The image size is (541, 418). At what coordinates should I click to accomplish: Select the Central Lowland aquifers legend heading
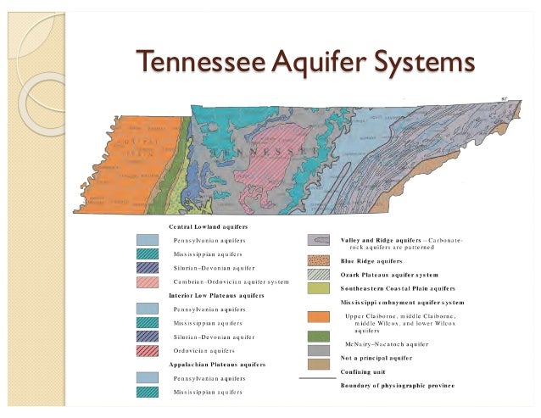click(x=203, y=227)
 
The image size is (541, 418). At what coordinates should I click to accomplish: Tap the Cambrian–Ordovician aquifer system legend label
click(x=231, y=281)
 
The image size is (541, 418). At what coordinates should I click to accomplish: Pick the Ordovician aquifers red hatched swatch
click(x=147, y=350)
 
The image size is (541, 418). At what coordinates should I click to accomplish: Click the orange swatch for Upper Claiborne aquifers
click(x=318, y=317)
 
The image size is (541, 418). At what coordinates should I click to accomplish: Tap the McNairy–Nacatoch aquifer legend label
click(x=388, y=344)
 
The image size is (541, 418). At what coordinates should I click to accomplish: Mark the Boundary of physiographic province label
click(x=397, y=386)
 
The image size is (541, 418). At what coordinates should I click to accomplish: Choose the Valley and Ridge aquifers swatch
click(x=318, y=241)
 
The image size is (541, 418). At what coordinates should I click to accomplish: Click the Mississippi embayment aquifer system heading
click(x=402, y=302)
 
